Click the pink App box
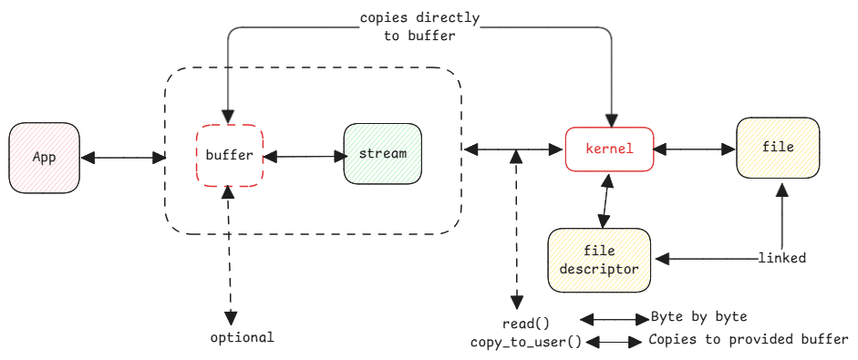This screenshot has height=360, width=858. coord(45,157)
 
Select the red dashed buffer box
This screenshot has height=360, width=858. coord(229,155)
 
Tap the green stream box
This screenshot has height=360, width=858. coord(383,154)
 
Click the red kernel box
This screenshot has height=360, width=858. coord(609,148)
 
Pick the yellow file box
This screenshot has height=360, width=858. coord(778,148)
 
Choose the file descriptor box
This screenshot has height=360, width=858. coord(599,260)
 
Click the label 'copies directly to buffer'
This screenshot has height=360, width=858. coord(419,26)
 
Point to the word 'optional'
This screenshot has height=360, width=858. coord(242,337)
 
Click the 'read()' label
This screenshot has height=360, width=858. coord(527,324)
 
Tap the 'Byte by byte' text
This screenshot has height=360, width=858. coord(698,317)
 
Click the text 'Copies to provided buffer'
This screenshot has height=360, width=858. coord(748,340)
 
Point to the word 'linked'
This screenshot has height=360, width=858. coord(781,258)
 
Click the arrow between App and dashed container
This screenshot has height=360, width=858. coord(123,158)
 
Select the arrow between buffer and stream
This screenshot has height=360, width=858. coord(303,157)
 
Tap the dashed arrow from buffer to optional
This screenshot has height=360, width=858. coord(230,255)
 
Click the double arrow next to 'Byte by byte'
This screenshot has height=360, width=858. coord(614,319)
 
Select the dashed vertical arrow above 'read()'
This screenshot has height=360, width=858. coord(517,228)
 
